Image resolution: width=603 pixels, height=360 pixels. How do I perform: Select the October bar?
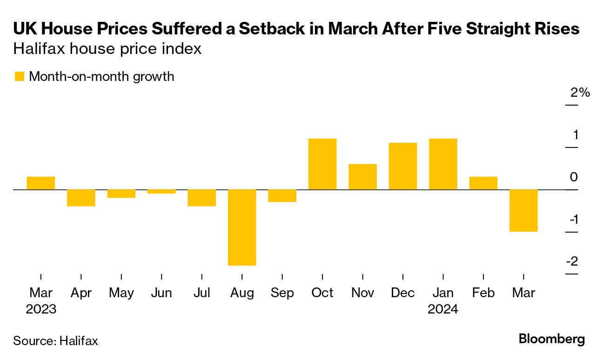click(x=322, y=164)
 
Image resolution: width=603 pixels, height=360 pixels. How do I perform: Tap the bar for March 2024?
click(x=524, y=210)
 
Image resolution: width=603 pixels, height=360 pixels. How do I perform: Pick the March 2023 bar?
click(x=41, y=183)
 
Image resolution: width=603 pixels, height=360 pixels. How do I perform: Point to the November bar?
click(x=362, y=177)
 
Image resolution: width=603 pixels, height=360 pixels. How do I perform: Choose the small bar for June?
click(x=161, y=191)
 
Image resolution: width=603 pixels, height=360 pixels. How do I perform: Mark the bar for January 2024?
click(x=443, y=164)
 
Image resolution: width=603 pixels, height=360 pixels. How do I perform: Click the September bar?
click(x=282, y=195)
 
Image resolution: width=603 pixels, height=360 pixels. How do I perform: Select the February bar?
click(x=483, y=183)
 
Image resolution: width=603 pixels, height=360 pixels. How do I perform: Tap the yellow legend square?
click(x=19, y=76)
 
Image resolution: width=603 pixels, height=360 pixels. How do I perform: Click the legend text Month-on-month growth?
click(x=101, y=76)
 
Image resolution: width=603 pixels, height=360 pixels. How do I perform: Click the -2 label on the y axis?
click(x=572, y=261)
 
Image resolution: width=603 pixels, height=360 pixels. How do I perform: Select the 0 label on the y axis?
click(x=574, y=177)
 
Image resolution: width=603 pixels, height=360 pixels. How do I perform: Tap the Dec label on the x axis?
click(x=403, y=293)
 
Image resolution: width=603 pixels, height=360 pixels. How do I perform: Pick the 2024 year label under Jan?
click(x=443, y=309)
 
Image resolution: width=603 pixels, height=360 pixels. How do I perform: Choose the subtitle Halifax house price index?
click(x=107, y=49)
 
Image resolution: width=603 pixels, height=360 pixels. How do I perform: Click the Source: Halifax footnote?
click(x=56, y=340)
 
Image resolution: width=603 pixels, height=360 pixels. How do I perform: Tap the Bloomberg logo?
click(x=552, y=339)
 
